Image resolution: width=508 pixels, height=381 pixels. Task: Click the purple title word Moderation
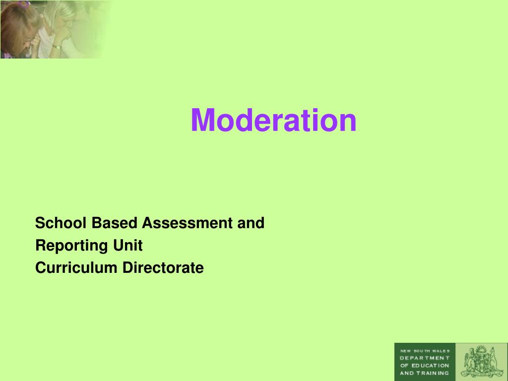point(273,121)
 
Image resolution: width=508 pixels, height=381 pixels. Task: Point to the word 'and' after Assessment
point(251,223)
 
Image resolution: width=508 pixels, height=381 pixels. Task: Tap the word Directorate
point(163,268)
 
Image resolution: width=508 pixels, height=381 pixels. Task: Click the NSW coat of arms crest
point(481,362)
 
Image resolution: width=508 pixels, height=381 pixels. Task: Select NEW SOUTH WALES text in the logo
point(425,350)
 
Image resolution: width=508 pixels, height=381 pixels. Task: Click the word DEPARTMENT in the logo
point(425,358)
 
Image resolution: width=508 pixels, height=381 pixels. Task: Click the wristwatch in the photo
point(57,47)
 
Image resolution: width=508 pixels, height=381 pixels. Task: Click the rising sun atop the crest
point(480,349)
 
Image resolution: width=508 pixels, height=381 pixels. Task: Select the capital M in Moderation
point(202,121)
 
